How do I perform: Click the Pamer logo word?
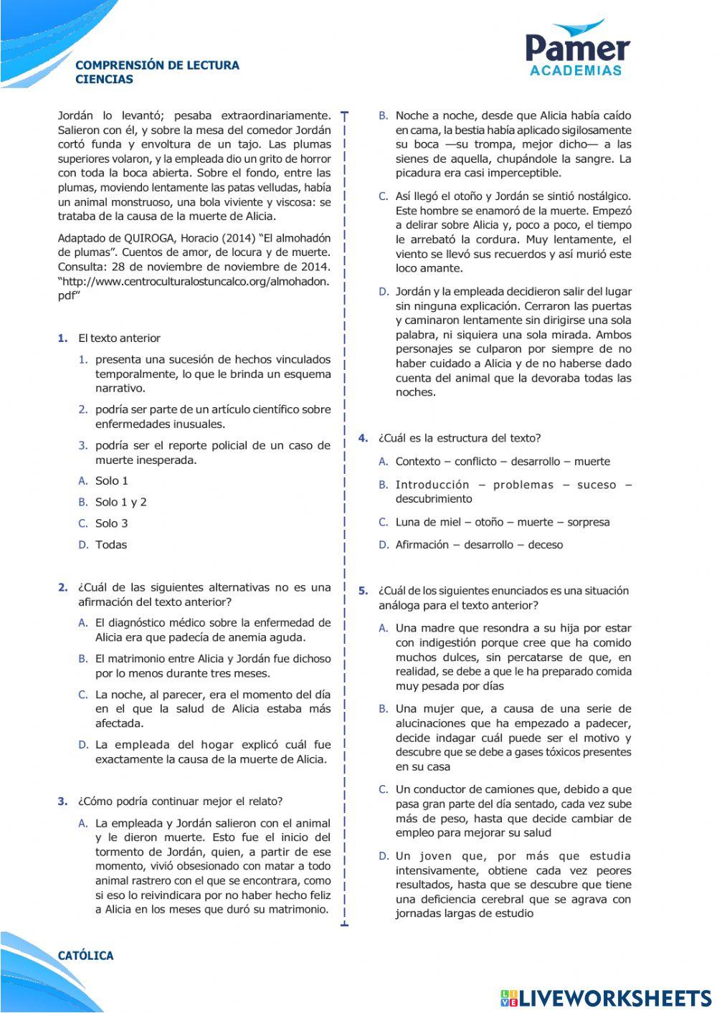tap(577, 48)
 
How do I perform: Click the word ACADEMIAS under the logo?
tap(576, 70)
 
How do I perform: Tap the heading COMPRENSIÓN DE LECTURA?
tap(157, 65)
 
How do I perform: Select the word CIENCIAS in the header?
tap(104, 80)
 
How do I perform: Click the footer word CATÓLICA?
tap(85, 956)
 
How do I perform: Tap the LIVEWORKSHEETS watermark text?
tap(614, 997)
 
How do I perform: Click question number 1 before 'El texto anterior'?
tap(62, 338)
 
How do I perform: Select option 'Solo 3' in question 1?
tap(111, 523)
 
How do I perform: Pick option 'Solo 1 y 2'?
tap(120, 502)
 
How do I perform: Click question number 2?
tap(62, 587)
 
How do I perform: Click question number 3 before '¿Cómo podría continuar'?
tap(62, 802)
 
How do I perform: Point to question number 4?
tap(363, 438)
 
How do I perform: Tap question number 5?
tap(363, 591)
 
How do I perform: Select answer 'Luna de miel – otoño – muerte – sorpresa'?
tap(502, 522)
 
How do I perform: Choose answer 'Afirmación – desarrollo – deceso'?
tap(479, 545)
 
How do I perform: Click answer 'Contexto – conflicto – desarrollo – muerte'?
tap(502, 462)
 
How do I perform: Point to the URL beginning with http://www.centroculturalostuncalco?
tap(194, 282)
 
